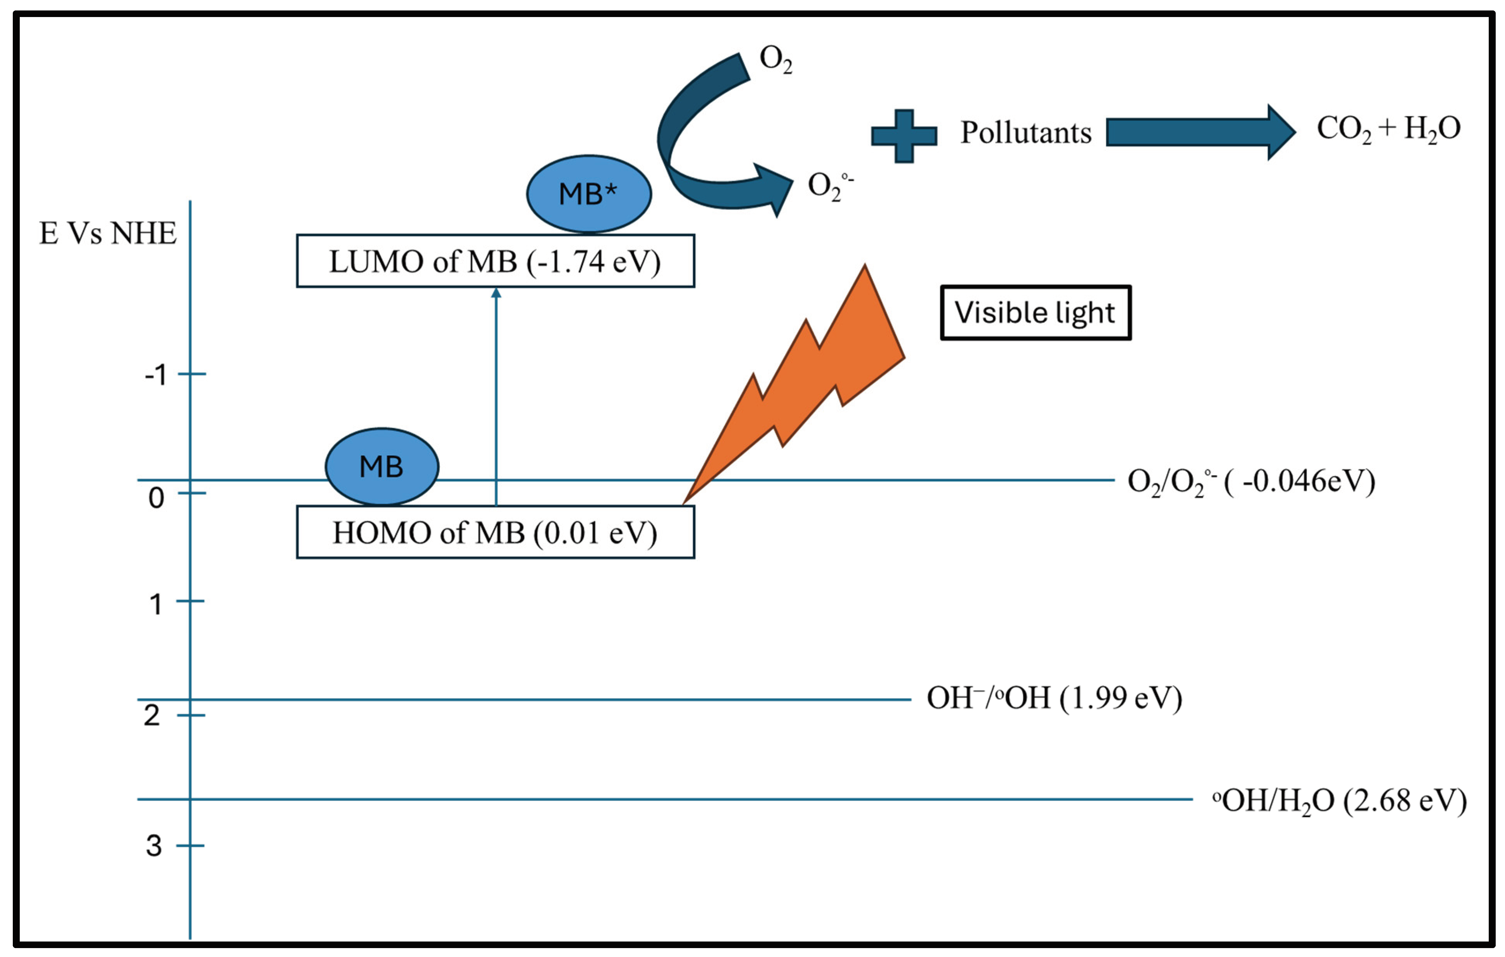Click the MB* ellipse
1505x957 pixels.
[x=589, y=194]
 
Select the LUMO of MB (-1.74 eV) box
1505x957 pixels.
[x=495, y=261]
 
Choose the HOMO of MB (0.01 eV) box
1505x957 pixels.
[x=495, y=532]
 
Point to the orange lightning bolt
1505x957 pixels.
[x=794, y=384]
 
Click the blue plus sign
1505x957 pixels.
[x=904, y=136]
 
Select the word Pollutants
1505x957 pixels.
[x=1026, y=132]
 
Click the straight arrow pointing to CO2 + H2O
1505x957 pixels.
[x=1201, y=132]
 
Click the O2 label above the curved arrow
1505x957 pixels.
[x=776, y=60]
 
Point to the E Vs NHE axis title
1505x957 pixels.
[x=108, y=234]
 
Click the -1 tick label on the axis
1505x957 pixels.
[x=156, y=375]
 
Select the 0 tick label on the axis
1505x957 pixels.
[x=156, y=498]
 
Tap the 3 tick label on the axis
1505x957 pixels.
[x=154, y=846]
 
